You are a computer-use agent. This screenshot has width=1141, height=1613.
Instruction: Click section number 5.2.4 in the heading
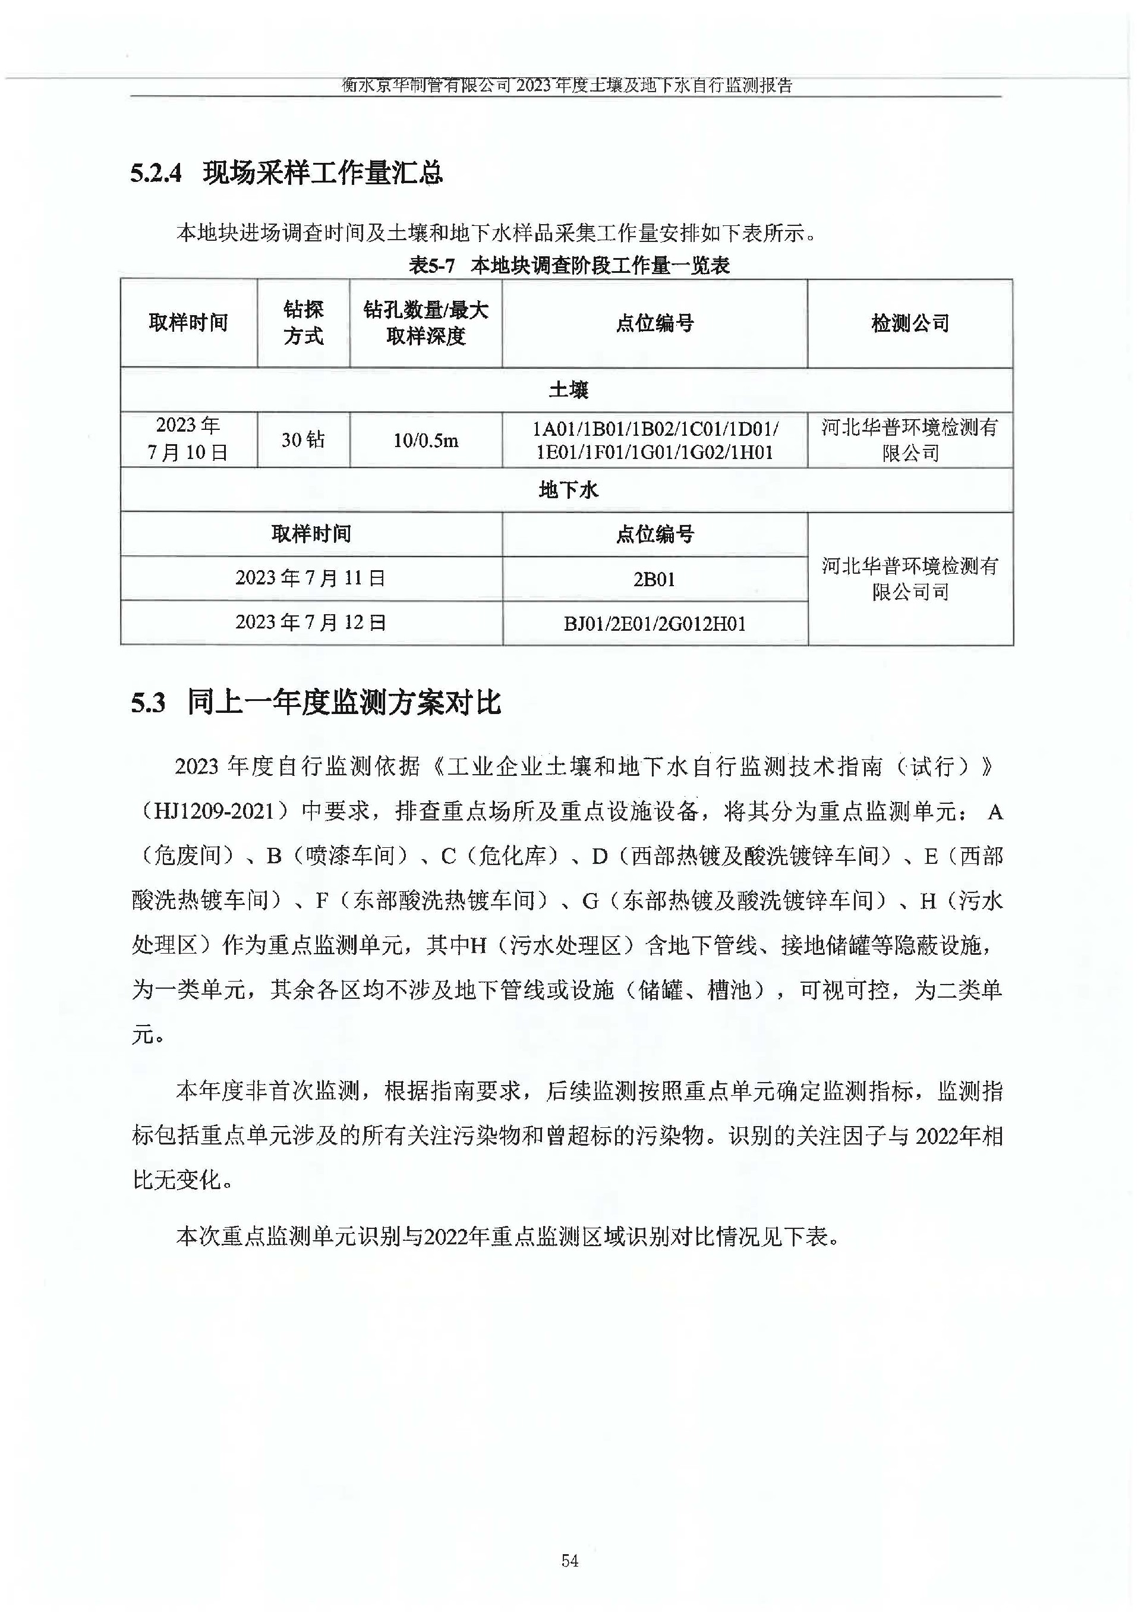pyautogui.click(x=155, y=173)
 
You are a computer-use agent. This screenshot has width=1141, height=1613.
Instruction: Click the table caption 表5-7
pyautogui.click(x=432, y=266)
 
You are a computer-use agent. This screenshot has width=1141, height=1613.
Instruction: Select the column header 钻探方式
pyautogui.click(x=304, y=323)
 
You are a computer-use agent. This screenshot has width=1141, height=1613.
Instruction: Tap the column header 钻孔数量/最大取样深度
pyautogui.click(x=425, y=323)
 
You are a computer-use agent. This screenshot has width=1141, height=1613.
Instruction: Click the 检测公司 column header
pyautogui.click(x=910, y=323)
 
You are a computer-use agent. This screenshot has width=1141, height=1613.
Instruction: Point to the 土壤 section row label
pyautogui.click(x=568, y=389)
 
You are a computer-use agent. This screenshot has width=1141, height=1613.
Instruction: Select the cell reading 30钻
pyautogui.click(x=304, y=440)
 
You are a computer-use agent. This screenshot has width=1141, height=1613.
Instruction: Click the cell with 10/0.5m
pyautogui.click(x=425, y=441)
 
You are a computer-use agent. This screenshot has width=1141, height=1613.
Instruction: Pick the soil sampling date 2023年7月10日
pyautogui.click(x=188, y=439)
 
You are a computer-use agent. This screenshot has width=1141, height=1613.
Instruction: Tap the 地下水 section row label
pyautogui.click(x=568, y=490)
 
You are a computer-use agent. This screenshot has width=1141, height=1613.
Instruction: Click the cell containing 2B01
pyautogui.click(x=654, y=579)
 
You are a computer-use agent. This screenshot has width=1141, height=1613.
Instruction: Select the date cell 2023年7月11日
pyautogui.click(x=311, y=578)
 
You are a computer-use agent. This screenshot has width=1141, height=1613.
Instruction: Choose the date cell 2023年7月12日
pyautogui.click(x=311, y=622)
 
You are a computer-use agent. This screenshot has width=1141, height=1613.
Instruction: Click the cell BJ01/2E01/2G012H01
pyautogui.click(x=654, y=624)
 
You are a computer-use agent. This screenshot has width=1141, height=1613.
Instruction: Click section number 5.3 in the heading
pyautogui.click(x=148, y=703)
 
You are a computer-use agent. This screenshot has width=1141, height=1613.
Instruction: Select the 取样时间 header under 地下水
pyautogui.click(x=311, y=534)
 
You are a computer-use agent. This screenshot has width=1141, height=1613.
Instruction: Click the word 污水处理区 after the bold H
pyautogui.click(x=566, y=946)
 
